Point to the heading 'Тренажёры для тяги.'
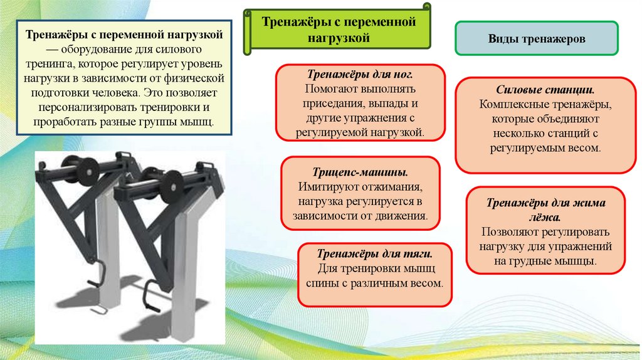pyautogui.click(x=375, y=253)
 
